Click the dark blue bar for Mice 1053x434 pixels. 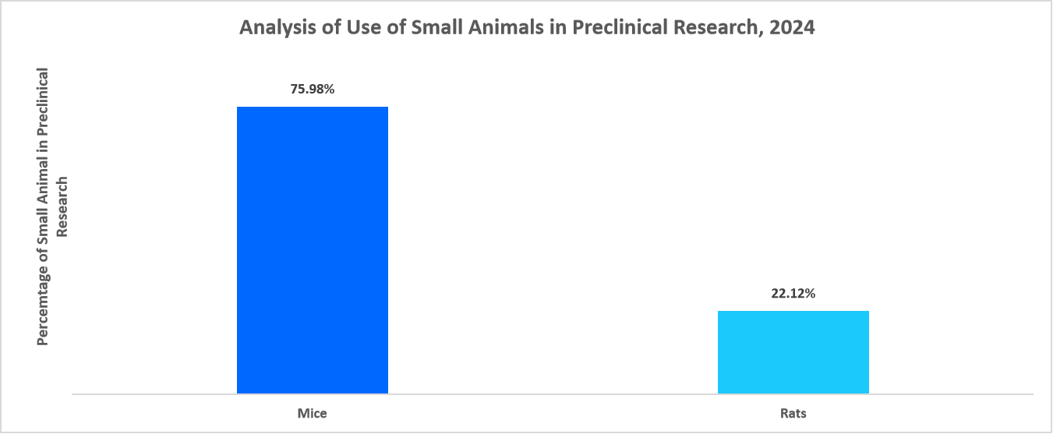[x=312, y=249]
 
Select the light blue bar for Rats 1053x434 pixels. [x=793, y=351]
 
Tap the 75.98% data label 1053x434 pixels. [x=313, y=89]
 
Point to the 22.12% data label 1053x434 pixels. [x=793, y=294]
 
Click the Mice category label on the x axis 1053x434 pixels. [x=313, y=413]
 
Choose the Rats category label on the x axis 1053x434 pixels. [x=793, y=413]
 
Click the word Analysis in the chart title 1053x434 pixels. [x=272, y=28]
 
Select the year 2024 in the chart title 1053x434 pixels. [x=793, y=28]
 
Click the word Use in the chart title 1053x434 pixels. [x=355, y=28]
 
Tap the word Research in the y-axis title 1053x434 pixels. [x=62, y=206]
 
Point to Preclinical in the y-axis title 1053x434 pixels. [x=43, y=104]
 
